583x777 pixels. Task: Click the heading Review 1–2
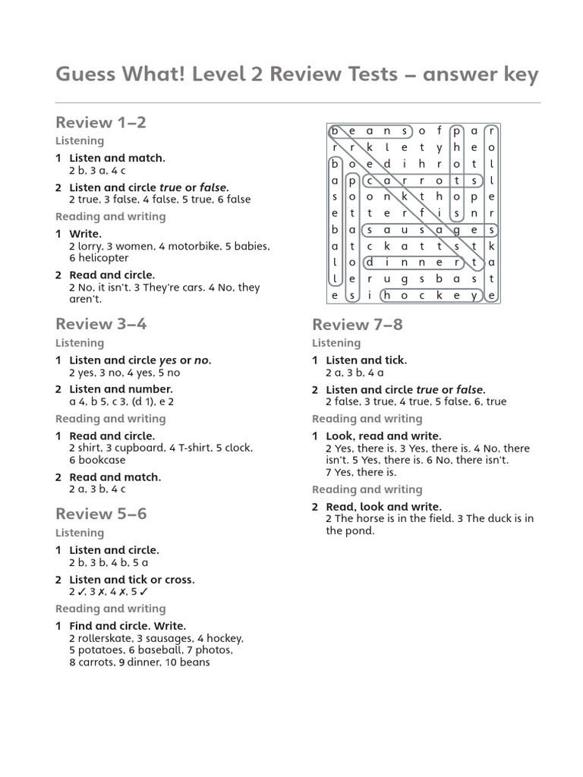pos(101,122)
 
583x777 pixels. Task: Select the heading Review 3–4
pos(101,324)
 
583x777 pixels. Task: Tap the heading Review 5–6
pos(101,514)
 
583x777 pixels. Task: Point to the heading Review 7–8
pos(358,325)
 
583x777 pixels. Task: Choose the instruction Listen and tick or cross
pos(132,579)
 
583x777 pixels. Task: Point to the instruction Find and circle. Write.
pos(128,626)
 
